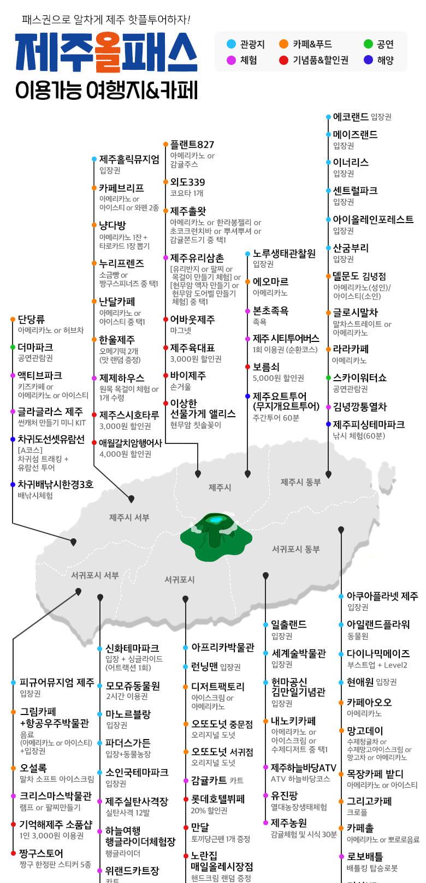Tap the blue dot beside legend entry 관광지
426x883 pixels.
[x=231, y=44]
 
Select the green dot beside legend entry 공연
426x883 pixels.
[x=368, y=44]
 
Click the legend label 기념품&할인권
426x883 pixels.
[x=320, y=60]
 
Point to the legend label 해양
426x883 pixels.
[x=385, y=60]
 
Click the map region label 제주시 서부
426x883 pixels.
[x=129, y=517]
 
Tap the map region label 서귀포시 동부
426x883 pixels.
[x=295, y=549]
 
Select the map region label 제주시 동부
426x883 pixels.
[x=300, y=482]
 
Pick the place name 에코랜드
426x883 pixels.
[x=351, y=117]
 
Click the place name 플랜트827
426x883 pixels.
[x=192, y=145]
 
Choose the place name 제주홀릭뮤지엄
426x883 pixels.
[x=129, y=159]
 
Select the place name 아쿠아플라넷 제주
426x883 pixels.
[x=382, y=596]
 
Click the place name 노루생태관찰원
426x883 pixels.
[x=284, y=254]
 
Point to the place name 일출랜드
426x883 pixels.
[x=288, y=624]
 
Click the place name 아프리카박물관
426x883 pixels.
[x=222, y=647]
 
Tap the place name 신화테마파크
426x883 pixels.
[x=132, y=648]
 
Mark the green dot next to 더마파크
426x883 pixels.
[x=13, y=347]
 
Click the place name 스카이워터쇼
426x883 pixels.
[x=359, y=377]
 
